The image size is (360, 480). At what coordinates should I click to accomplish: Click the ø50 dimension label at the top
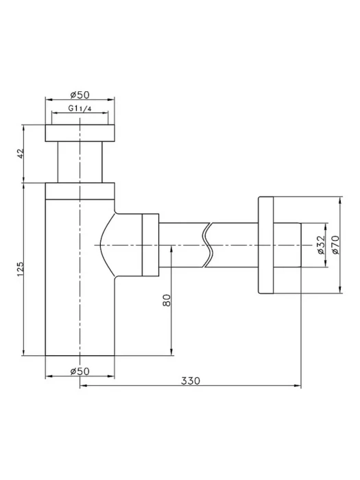[x=80, y=95]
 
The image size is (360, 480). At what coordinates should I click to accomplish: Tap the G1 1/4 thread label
[x=80, y=108]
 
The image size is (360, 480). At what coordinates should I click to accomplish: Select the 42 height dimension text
[x=20, y=154]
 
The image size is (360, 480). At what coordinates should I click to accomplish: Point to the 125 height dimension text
[x=20, y=269]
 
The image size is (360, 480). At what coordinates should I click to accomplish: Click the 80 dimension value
[x=167, y=300]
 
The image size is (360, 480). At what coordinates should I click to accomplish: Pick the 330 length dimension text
[x=191, y=381]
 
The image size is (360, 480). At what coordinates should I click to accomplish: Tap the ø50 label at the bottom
[x=80, y=372]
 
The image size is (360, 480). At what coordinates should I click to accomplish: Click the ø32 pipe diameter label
[x=320, y=245]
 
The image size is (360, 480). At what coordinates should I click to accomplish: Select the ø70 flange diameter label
[x=335, y=245]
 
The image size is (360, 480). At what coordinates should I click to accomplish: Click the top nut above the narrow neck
[x=80, y=133]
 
